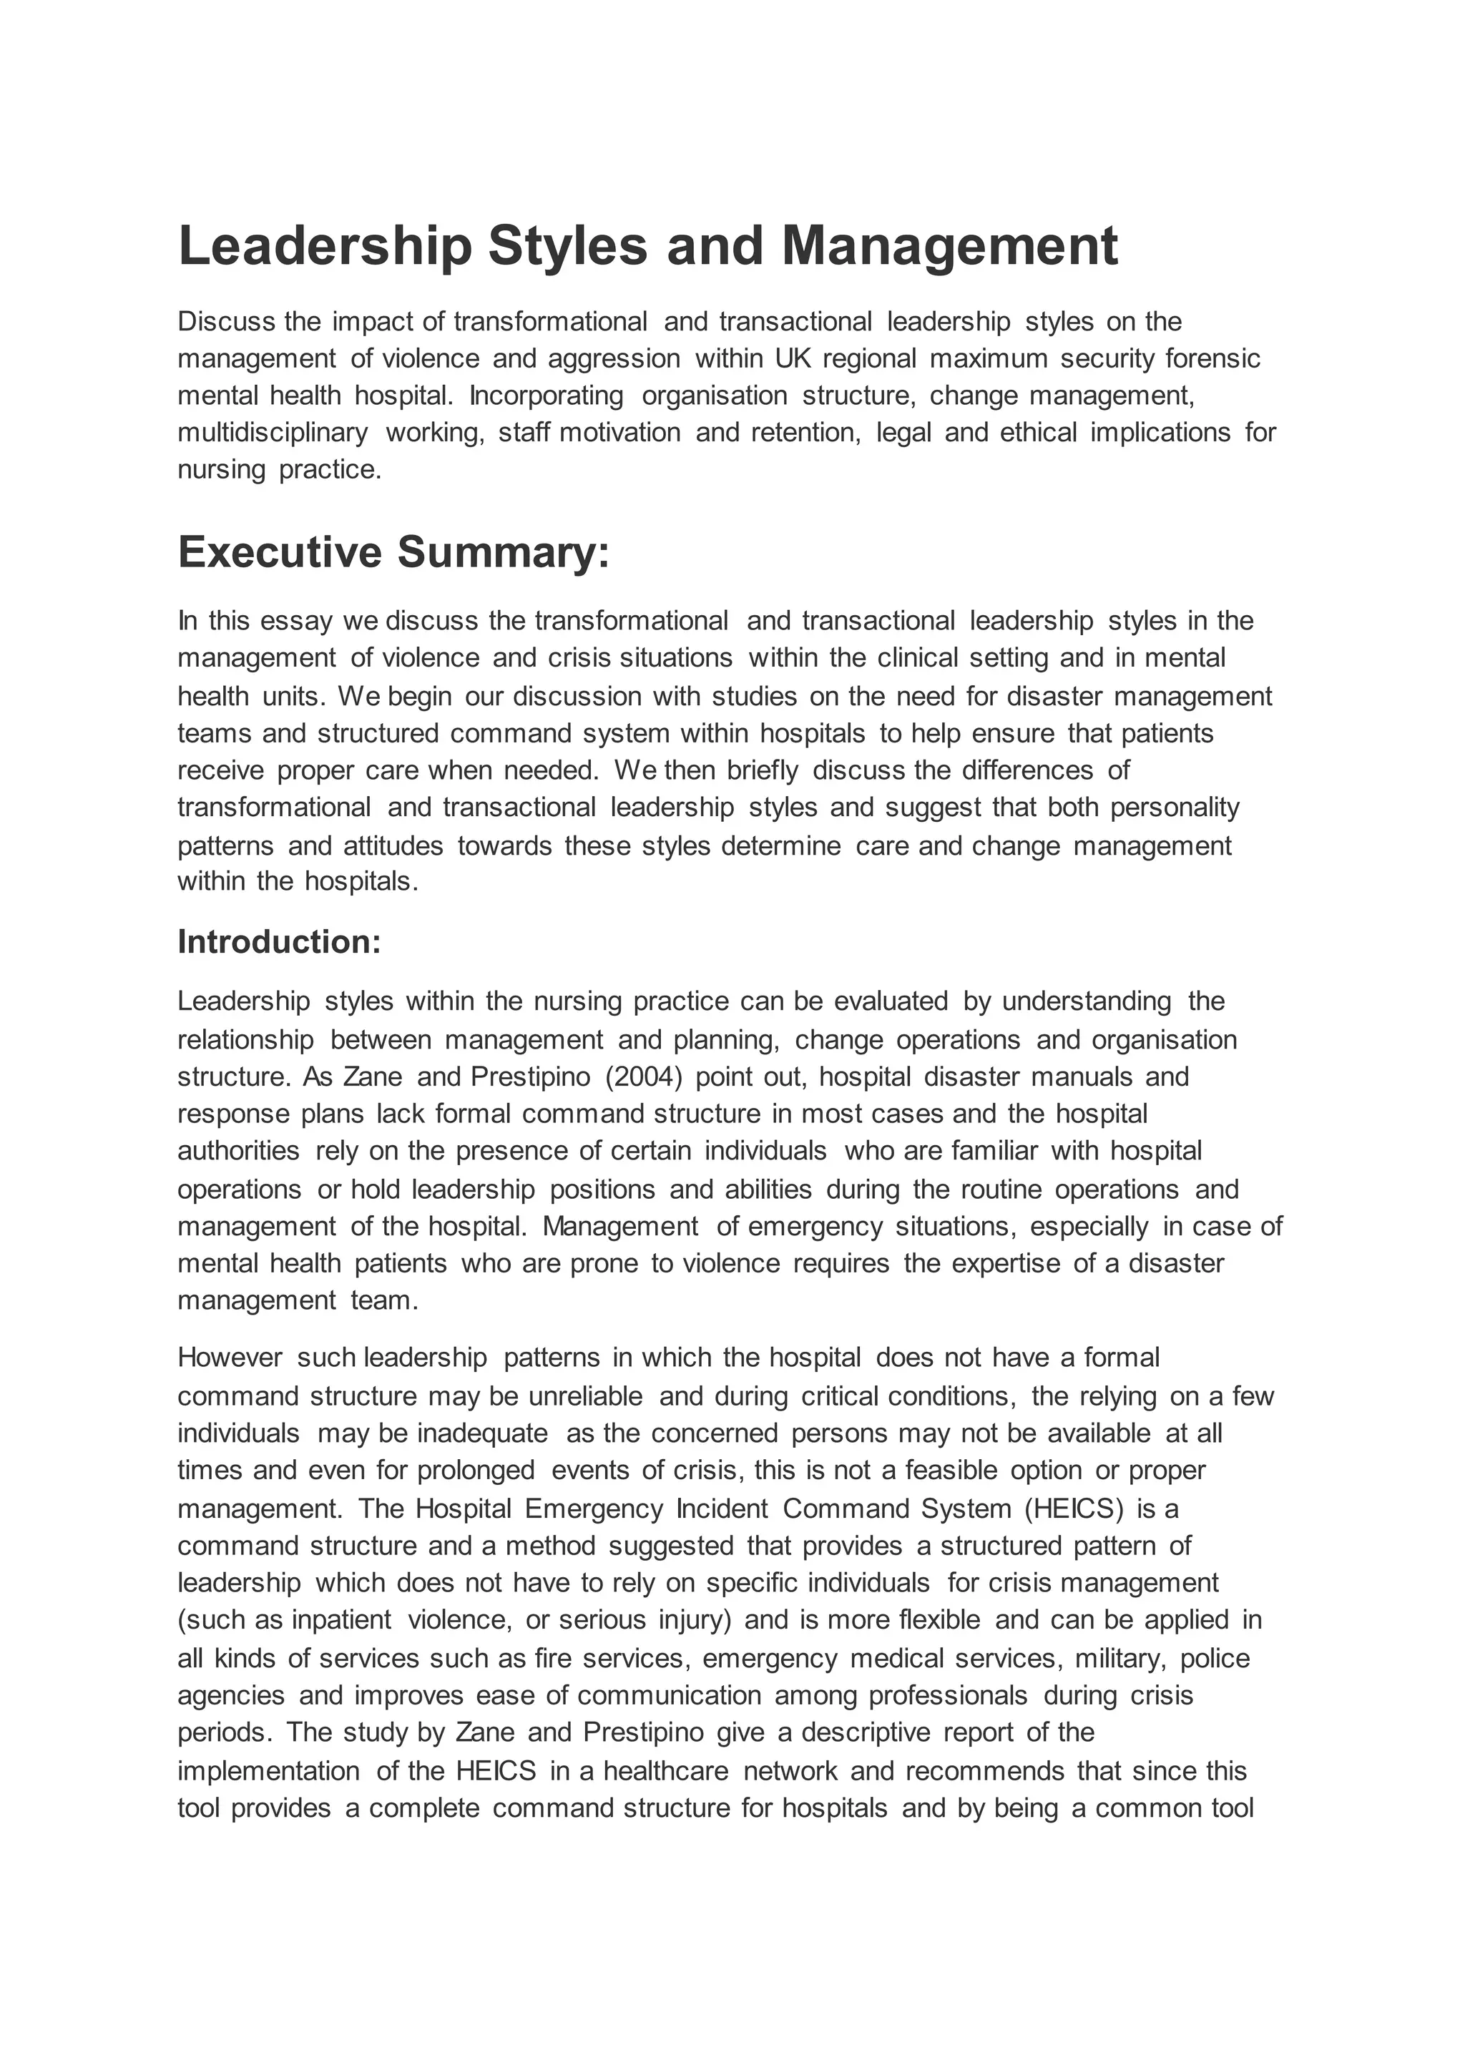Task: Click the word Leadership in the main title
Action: coord(325,246)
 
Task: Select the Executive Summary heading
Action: coord(393,552)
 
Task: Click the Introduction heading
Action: coord(280,941)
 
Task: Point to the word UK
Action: coord(794,359)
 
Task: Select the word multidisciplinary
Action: coord(273,433)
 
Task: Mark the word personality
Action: coord(1175,808)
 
